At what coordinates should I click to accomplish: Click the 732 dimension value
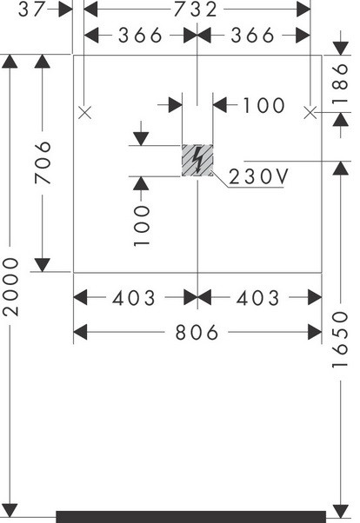click(x=196, y=10)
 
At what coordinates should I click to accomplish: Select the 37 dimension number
click(x=31, y=10)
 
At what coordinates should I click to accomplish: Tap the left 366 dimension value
click(x=140, y=36)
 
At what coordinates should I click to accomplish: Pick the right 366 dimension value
click(x=252, y=36)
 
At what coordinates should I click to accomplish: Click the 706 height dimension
click(x=43, y=162)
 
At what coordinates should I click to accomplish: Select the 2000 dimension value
click(x=10, y=287)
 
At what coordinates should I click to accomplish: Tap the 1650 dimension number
click(x=340, y=340)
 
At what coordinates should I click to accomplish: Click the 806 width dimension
click(x=197, y=333)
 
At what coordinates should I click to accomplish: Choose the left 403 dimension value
click(x=134, y=298)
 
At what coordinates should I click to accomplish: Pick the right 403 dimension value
click(x=257, y=298)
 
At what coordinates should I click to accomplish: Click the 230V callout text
click(x=257, y=176)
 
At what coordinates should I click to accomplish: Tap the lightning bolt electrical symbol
click(x=197, y=160)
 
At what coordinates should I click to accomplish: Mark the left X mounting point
click(x=85, y=112)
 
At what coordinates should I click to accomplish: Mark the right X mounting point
click(x=310, y=112)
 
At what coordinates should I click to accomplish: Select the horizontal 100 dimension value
click(x=263, y=106)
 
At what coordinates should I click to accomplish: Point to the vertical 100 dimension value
click(x=142, y=226)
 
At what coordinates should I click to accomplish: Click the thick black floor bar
click(x=190, y=517)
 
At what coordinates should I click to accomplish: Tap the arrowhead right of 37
click(x=65, y=10)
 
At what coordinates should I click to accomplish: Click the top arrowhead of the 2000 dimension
click(x=10, y=62)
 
